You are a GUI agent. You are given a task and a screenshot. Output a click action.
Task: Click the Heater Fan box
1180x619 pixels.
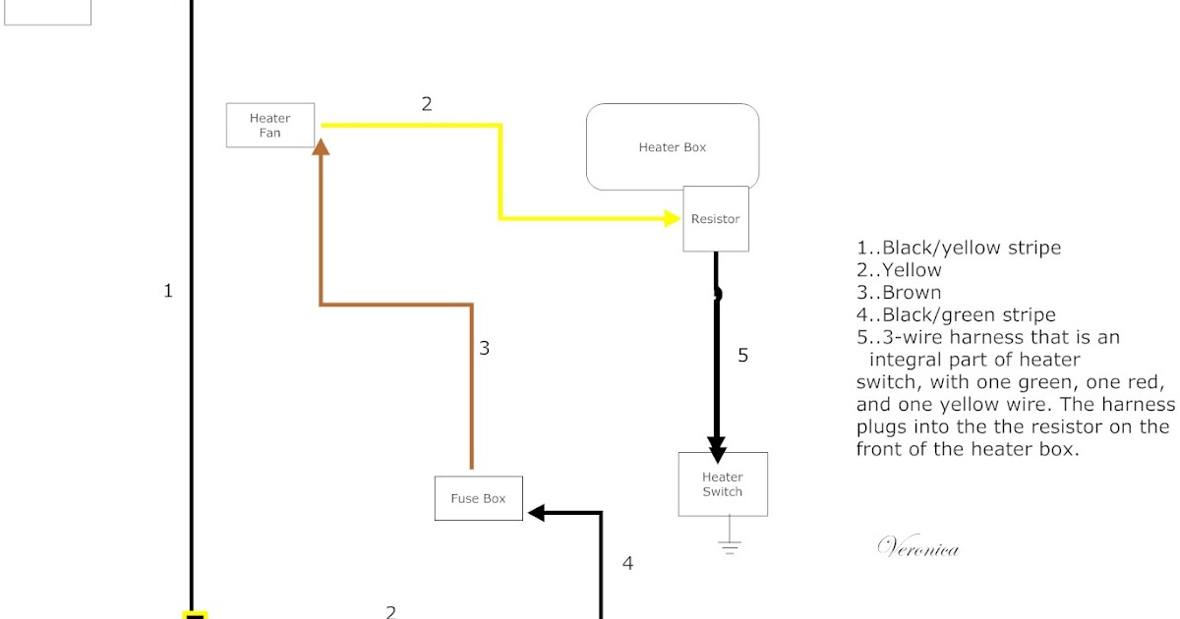pyautogui.click(x=270, y=126)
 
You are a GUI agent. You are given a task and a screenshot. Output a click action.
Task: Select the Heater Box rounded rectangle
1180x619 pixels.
pyautogui.click(x=673, y=146)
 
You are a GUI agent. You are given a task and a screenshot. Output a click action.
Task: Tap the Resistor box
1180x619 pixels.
pyautogui.click(x=716, y=219)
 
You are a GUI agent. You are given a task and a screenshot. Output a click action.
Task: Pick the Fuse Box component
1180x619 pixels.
pyautogui.click(x=478, y=498)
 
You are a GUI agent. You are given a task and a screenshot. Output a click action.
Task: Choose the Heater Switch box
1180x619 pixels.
pyautogui.click(x=723, y=484)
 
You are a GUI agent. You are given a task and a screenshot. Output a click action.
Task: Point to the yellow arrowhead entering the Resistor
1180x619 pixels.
pyautogui.click(x=673, y=218)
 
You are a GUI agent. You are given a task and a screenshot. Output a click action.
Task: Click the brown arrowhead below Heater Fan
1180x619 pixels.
pyautogui.click(x=321, y=145)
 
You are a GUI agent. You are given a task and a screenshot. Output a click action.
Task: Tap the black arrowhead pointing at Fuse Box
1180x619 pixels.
pyautogui.click(x=537, y=513)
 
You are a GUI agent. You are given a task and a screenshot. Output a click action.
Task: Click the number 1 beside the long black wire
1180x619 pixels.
pyautogui.click(x=168, y=291)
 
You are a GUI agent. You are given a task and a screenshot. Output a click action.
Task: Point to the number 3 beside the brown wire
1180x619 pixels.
pyautogui.click(x=484, y=348)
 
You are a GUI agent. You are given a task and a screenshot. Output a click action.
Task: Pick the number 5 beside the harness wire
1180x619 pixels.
pyautogui.click(x=742, y=356)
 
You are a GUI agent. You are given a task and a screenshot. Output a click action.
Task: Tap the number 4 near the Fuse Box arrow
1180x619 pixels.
pyautogui.click(x=627, y=564)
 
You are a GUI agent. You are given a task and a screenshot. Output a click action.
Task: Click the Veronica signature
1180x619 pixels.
pyautogui.click(x=917, y=548)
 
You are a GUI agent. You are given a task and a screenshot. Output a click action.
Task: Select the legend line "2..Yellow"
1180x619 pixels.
pyautogui.click(x=899, y=270)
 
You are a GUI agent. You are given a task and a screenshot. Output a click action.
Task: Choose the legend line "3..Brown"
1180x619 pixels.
pyautogui.click(x=899, y=293)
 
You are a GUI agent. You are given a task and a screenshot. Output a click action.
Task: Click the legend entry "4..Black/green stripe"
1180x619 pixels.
pyautogui.click(x=956, y=315)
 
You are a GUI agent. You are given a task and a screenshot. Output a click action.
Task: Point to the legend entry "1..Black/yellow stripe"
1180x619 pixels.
pyautogui.click(x=959, y=248)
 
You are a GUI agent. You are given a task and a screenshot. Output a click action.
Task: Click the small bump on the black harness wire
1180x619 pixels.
pyautogui.click(x=719, y=293)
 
